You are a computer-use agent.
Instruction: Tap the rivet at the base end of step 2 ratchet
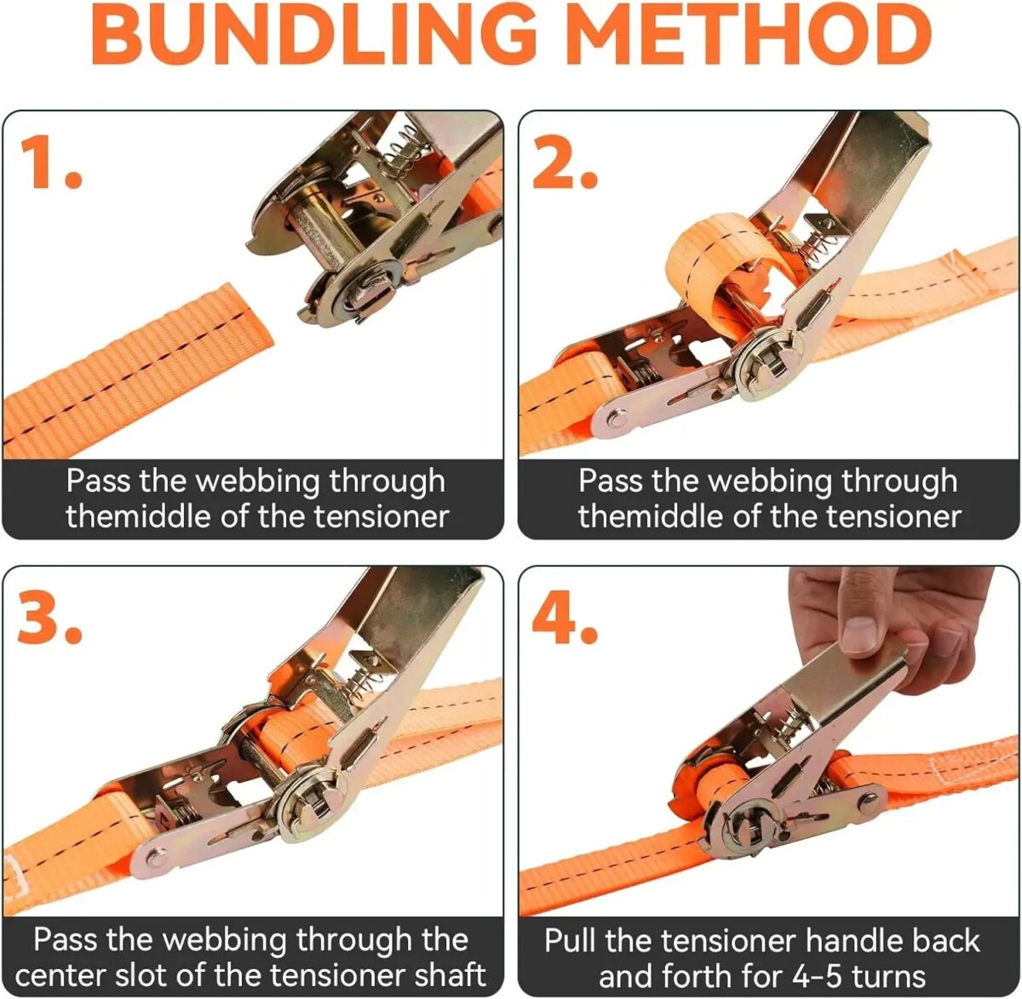(x=617, y=420)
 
